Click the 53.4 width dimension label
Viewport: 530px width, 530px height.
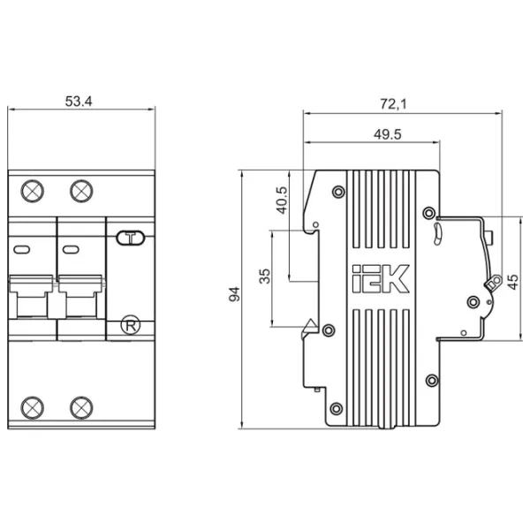click(79, 102)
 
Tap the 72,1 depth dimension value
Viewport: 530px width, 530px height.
click(393, 103)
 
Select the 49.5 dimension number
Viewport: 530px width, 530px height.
click(388, 134)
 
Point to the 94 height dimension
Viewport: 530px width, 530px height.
click(234, 294)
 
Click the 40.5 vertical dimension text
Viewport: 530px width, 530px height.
click(282, 201)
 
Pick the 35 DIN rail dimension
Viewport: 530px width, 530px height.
click(265, 276)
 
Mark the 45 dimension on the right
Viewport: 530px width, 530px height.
click(512, 282)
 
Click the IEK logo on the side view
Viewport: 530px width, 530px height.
click(381, 278)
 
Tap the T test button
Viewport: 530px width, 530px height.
click(131, 238)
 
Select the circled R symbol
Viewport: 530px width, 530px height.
click(131, 326)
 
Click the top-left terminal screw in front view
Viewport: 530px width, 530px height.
click(32, 191)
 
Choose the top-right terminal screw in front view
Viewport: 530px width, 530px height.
click(81, 191)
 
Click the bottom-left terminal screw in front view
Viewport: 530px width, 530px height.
click(32, 407)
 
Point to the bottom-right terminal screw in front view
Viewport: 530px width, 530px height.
click(81, 407)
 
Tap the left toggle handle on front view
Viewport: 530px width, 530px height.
click(31, 297)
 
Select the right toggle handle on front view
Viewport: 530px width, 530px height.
click(80, 297)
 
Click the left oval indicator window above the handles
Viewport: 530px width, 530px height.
click(22, 250)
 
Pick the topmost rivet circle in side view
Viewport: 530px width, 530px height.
click(338, 192)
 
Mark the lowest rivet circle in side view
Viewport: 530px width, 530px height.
click(336, 408)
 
